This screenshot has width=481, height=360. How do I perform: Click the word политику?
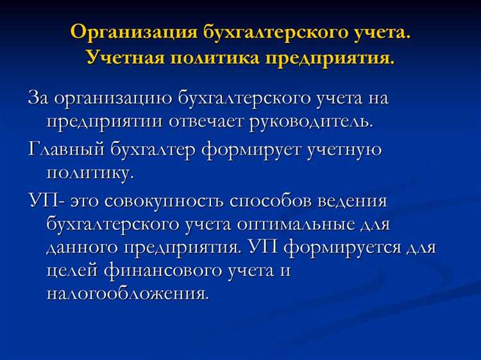point(89,171)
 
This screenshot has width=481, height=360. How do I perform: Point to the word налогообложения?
point(127,293)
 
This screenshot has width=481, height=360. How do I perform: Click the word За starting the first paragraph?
point(38,99)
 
